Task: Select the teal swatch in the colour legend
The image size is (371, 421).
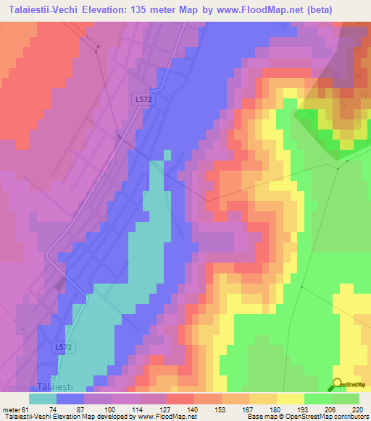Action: (43, 399)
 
